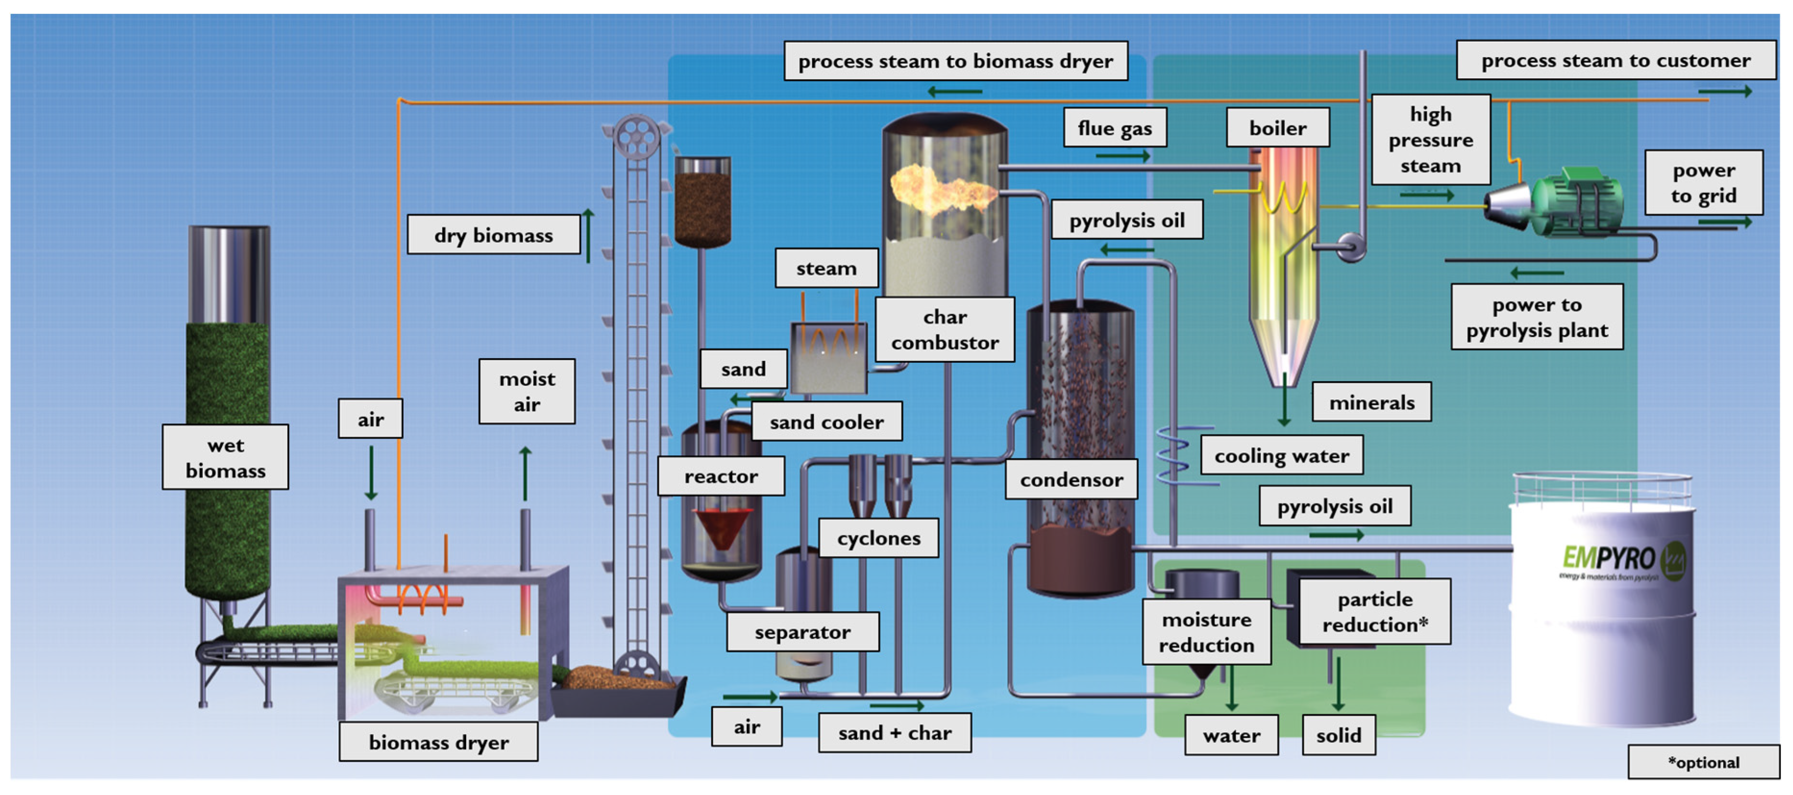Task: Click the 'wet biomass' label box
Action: click(x=225, y=457)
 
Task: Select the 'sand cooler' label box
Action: click(x=826, y=422)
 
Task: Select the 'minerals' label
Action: click(x=1371, y=402)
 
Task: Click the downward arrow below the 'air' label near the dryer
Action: click(x=371, y=473)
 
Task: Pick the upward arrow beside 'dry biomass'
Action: click(x=588, y=235)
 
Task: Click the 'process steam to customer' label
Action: click(x=1615, y=60)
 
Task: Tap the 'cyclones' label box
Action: click(x=878, y=538)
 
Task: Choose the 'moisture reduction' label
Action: click(x=1206, y=632)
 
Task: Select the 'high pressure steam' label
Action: click(x=1430, y=140)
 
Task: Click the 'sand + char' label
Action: click(x=895, y=733)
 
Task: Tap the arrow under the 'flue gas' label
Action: click(x=1122, y=156)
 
